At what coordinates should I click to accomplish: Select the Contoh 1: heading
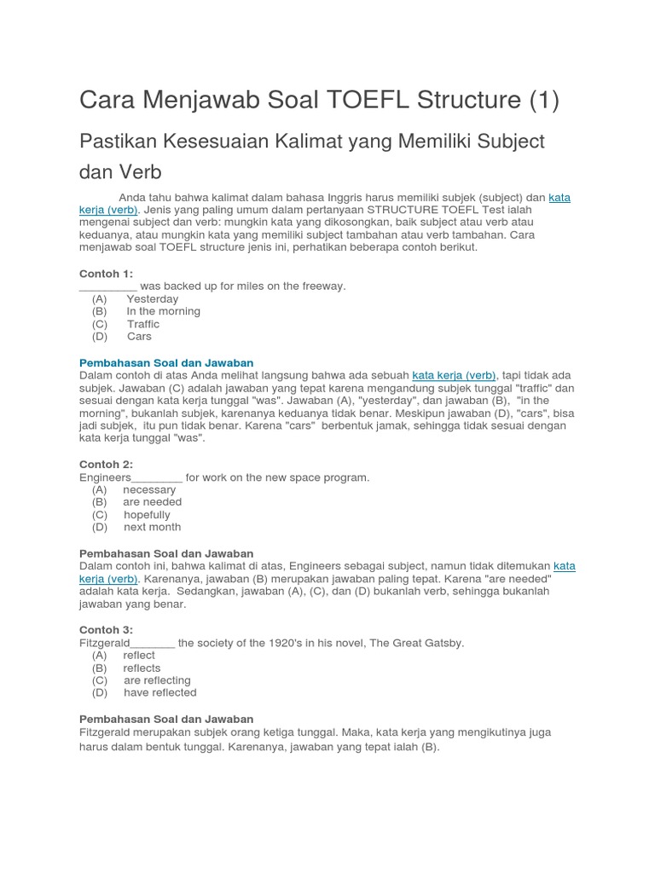tap(106, 273)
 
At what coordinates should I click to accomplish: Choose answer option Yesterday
tap(152, 299)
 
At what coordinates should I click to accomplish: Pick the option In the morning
tap(163, 311)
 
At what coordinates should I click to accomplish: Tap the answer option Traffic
tap(143, 324)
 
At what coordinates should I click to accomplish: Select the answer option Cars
tap(139, 336)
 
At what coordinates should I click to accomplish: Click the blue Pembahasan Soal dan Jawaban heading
tap(166, 362)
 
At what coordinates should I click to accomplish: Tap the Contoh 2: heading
tap(106, 465)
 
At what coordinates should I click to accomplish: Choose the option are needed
tap(152, 502)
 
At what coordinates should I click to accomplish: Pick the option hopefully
tap(147, 515)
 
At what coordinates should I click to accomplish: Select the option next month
tap(152, 527)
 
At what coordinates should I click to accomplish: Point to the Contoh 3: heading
tap(106, 630)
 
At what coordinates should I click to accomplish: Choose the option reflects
tap(142, 668)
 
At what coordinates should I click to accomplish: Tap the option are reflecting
tap(157, 680)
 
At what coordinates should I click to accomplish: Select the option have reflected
tap(159, 692)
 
